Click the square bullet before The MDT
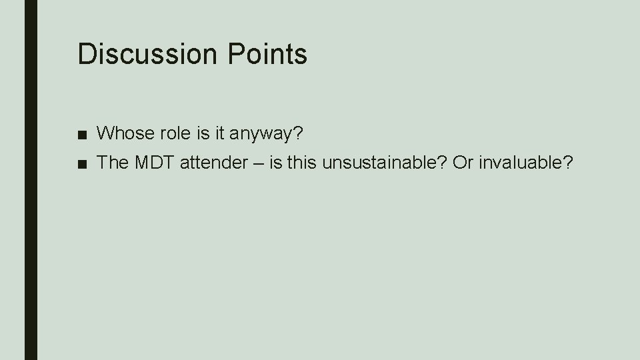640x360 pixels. click(x=81, y=164)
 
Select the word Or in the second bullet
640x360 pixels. click(x=461, y=163)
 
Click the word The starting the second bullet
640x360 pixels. click(x=111, y=163)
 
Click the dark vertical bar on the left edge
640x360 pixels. click(x=31, y=180)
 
